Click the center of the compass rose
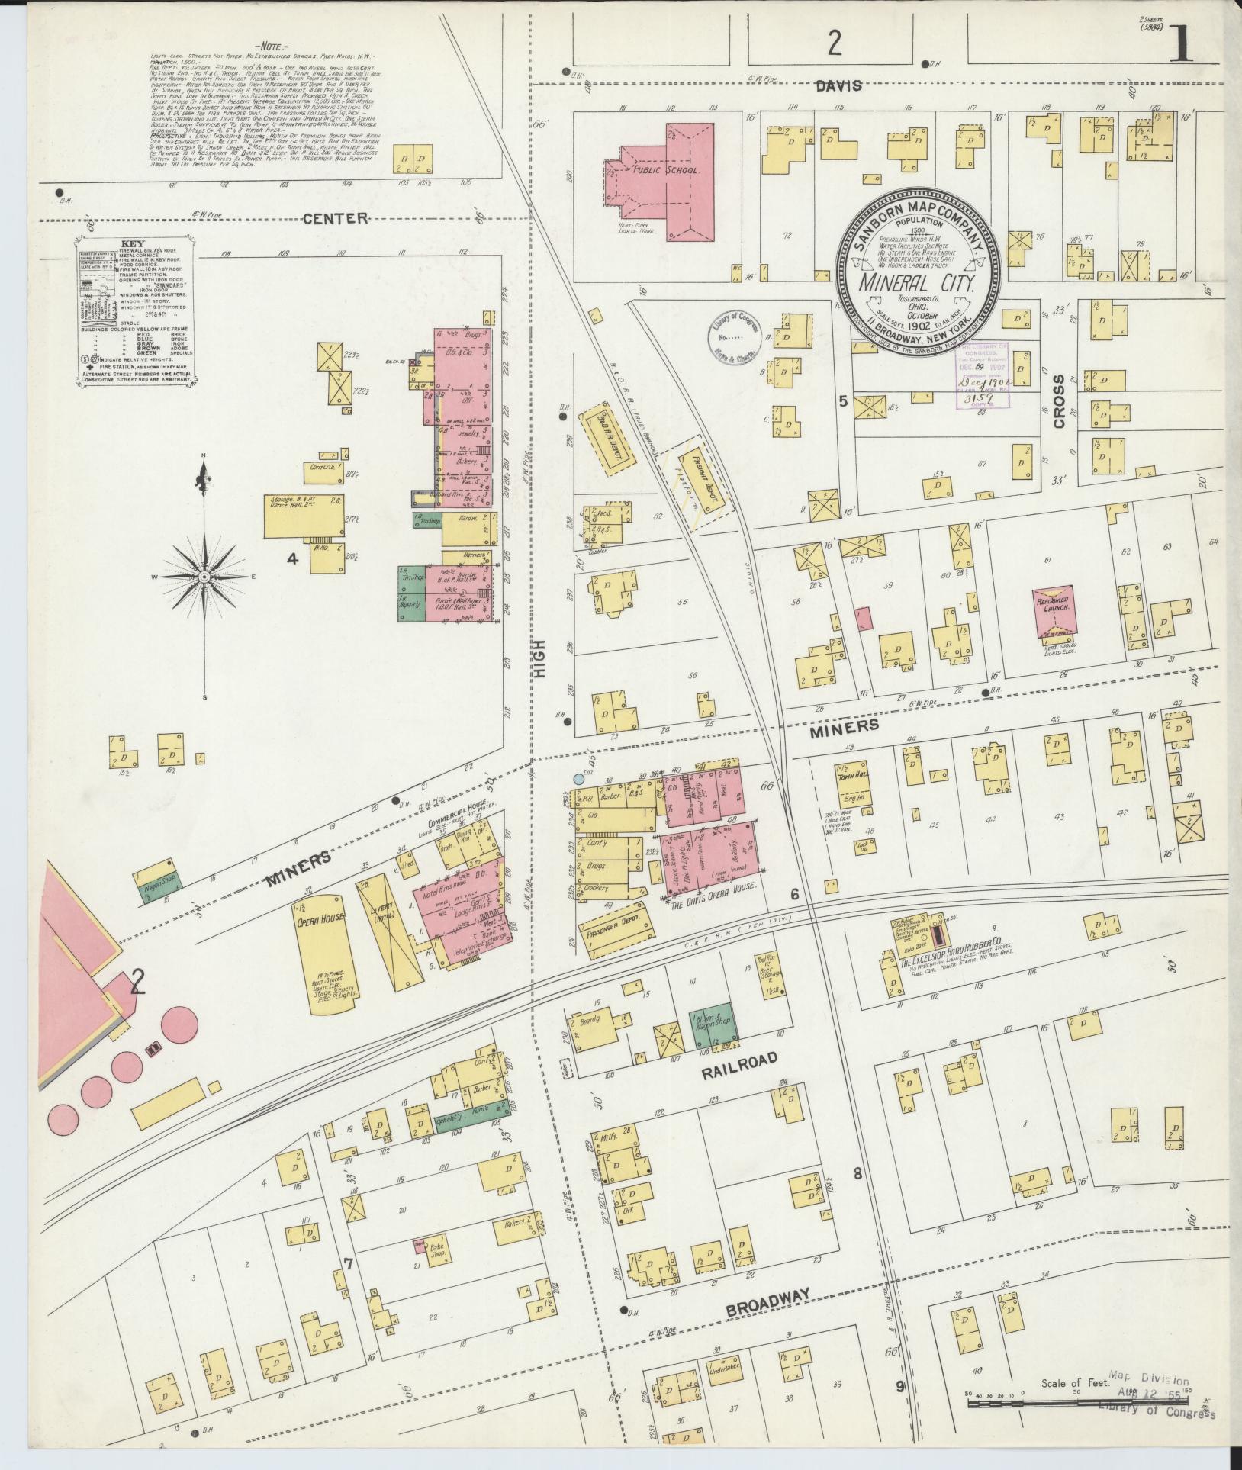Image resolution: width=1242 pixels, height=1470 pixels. pos(204,578)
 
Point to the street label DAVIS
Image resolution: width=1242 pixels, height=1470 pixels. pos(841,86)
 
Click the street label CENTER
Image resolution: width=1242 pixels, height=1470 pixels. pos(335,219)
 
